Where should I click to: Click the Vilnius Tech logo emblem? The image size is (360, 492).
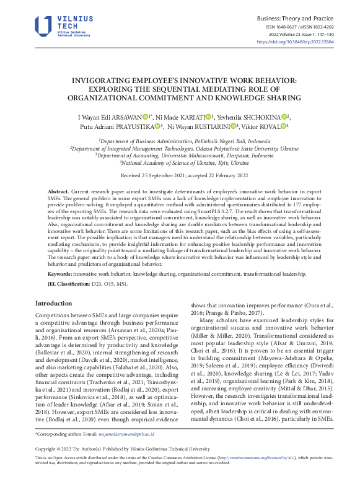point(43,25)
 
